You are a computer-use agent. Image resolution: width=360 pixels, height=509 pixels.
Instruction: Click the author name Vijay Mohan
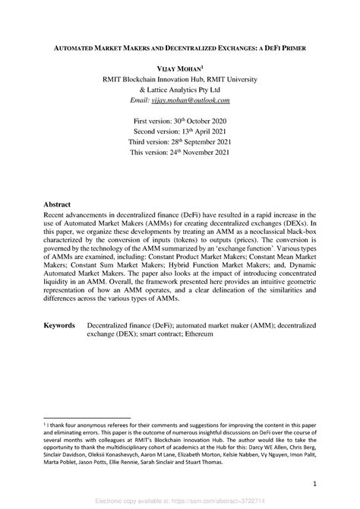pos(179,68)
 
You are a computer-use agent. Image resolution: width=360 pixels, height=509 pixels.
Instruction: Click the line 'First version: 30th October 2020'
pos(180,122)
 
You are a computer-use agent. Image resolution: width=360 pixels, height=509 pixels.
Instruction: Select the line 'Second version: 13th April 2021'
pos(180,132)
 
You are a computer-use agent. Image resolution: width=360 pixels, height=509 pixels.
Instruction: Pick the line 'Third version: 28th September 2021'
pos(180,143)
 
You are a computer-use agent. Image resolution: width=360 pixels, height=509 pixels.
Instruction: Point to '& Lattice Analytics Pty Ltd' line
pos(180,90)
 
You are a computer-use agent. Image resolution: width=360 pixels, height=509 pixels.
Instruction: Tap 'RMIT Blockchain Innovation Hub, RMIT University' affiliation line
pos(180,79)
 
